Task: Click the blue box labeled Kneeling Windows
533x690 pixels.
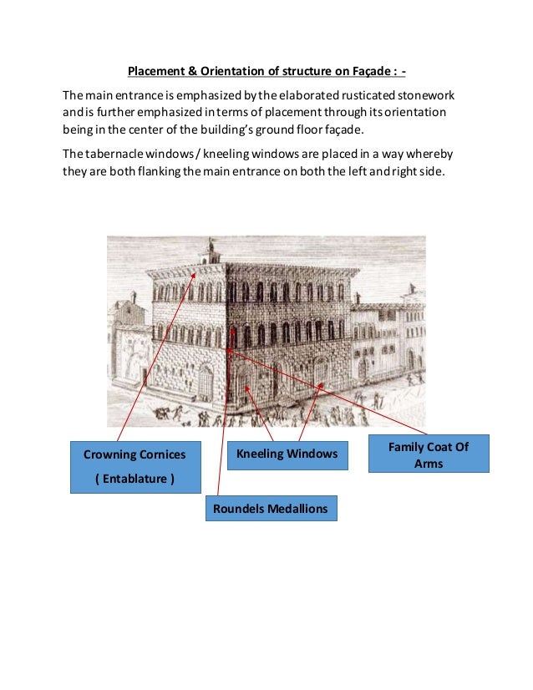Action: coord(287,454)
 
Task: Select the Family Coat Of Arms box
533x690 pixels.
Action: coord(429,454)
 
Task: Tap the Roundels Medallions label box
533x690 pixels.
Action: coord(271,508)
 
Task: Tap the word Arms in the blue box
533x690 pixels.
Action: coord(429,464)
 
